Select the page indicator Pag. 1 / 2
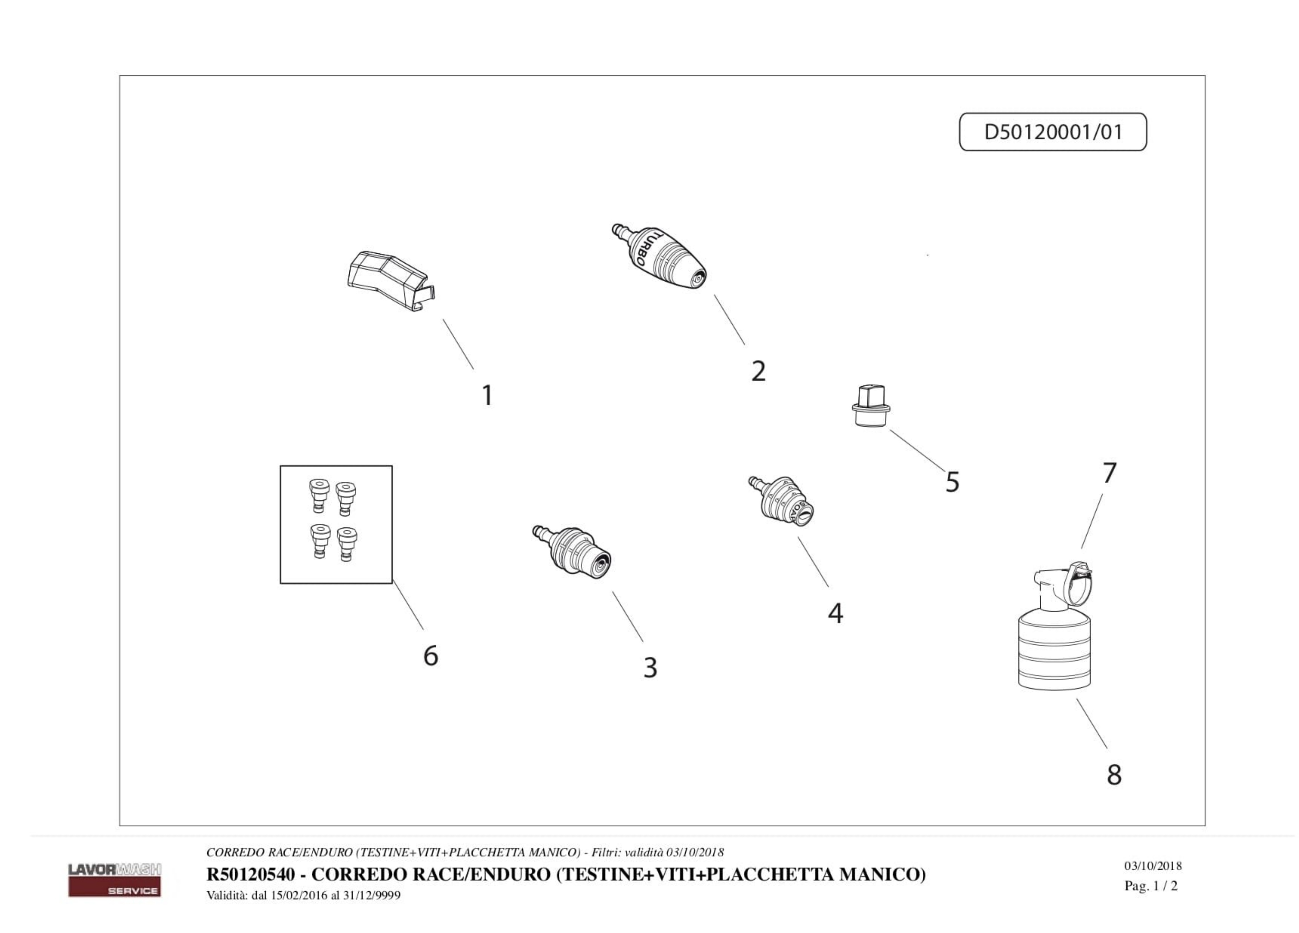tap(1151, 886)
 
